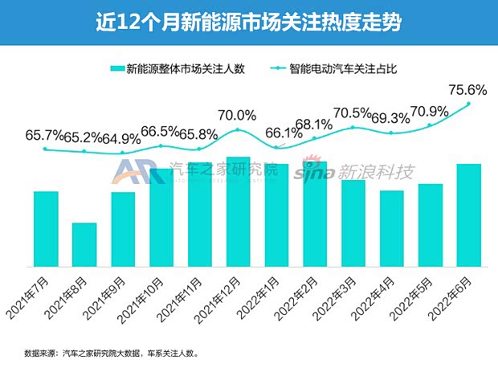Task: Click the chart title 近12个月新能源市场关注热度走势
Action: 248,22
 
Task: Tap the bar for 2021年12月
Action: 238,211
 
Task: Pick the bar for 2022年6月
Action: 468,215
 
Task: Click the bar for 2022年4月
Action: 391,228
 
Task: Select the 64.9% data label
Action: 122,137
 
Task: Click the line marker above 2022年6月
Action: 468,103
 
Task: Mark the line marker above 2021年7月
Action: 46,149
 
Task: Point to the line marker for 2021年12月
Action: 238,129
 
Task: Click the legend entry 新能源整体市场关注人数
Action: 170,69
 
